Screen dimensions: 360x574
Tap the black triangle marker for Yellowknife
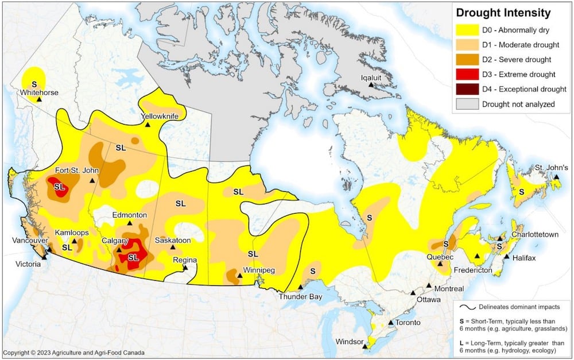pyautogui.click(x=147, y=125)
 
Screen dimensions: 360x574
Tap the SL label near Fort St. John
pyautogui.click(x=60, y=187)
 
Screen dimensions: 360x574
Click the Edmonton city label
pyautogui.click(x=130, y=215)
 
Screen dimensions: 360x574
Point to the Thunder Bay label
pyautogui.click(x=300, y=296)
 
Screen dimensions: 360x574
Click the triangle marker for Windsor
pyautogui.click(x=365, y=346)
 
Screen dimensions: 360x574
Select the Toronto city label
pyautogui.click(x=408, y=323)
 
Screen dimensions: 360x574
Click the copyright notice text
pyautogui.click(x=73, y=353)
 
